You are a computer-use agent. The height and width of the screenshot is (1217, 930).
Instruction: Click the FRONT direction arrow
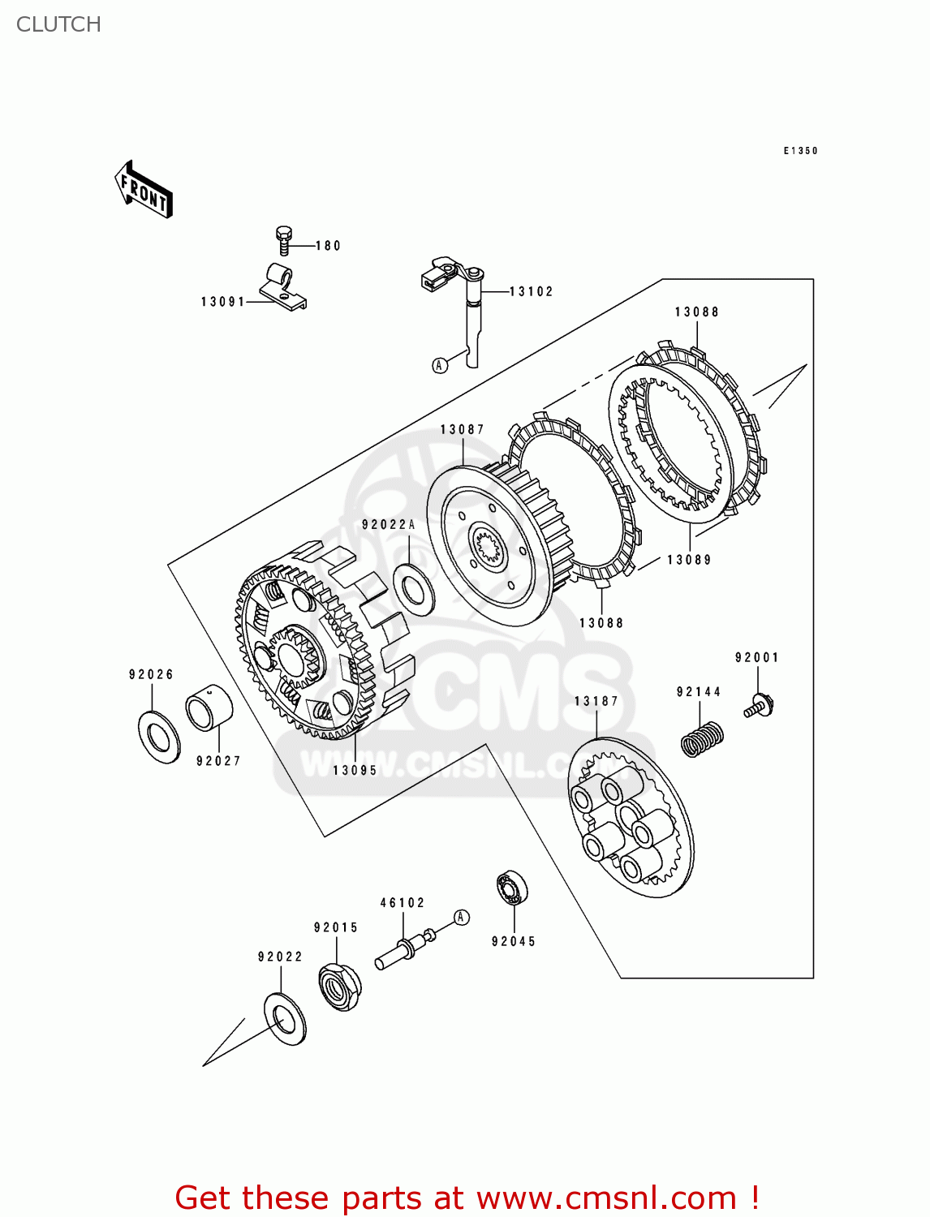click(144, 190)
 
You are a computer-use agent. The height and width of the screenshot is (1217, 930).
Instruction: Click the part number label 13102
click(531, 291)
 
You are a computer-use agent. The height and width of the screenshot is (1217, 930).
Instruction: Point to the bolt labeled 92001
click(759, 705)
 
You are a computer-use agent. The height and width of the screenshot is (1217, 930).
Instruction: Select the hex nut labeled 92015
click(339, 985)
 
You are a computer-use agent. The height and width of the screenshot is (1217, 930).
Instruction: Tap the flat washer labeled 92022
click(285, 1018)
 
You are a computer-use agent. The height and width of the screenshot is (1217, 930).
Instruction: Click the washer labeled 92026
click(159, 737)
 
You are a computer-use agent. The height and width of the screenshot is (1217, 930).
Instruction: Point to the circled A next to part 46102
click(461, 917)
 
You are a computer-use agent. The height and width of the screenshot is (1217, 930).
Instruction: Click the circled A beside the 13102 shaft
click(440, 365)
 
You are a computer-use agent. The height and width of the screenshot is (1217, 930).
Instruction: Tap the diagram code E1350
click(800, 151)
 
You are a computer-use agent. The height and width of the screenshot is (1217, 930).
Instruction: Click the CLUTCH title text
click(58, 24)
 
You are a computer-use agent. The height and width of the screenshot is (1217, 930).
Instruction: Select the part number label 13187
click(596, 701)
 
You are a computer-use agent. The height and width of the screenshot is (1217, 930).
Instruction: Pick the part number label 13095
click(355, 770)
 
